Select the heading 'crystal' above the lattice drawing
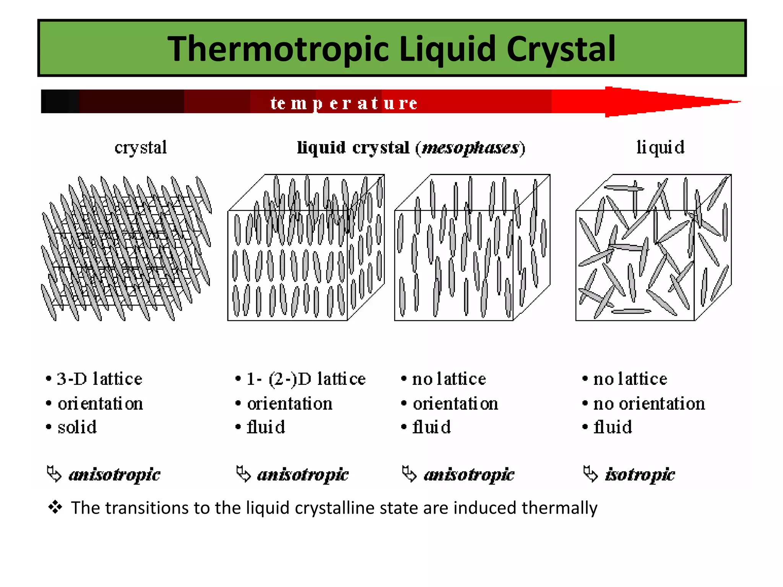pyautogui.click(x=141, y=148)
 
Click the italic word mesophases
pyautogui.click(x=470, y=148)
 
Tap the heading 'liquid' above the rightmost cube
pyautogui.click(x=660, y=148)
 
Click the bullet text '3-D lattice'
pyautogui.click(x=99, y=379)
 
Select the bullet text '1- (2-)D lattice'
pyautogui.click(x=306, y=379)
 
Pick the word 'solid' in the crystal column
pyautogui.click(x=77, y=427)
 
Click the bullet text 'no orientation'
pyautogui.click(x=649, y=404)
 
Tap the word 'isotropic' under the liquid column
pyautogui.click(x=640, y=475)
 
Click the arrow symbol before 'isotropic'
pyautogui.click(x=590, y=474)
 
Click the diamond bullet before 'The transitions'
pyautogui.click(x=55, y=508)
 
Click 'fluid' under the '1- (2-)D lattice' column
pyautogui.click(x=266, y=427)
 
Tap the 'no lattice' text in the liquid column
pyautogui.click(x=630, y=379)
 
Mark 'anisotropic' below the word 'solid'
pyautogui.click(x=114, y=475)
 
